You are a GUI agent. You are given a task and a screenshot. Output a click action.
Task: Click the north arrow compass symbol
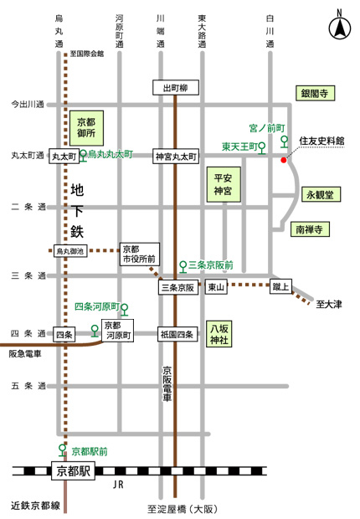coord(339,26)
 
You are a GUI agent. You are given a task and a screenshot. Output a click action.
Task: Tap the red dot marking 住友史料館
coord(284,160)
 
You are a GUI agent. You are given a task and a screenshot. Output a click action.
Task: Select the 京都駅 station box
coord(73,470)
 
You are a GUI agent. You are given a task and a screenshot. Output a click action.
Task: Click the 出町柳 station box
coord(176,88)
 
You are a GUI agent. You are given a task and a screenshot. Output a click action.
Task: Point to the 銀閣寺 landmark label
coord(315,94)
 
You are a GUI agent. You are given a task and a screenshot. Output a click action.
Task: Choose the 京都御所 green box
coord(86,128)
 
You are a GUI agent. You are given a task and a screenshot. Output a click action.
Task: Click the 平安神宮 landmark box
coord(224,184)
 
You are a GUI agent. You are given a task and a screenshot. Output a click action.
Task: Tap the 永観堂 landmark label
coord(321,194)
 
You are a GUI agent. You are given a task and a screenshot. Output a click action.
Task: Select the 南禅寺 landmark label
coord(310,229)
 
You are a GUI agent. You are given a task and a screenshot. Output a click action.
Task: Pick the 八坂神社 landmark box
coord(219,334)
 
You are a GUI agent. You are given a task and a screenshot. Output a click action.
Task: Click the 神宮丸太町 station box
coord(176,157)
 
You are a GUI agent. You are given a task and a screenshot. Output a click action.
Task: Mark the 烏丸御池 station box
coord(70,251)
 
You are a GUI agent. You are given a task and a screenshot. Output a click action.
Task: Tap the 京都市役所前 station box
coord(140,254)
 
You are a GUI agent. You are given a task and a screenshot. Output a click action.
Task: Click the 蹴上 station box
coord(280,286)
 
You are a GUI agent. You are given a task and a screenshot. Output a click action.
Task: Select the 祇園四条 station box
coord(177,334)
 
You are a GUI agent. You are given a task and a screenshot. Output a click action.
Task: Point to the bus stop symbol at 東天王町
coord(262,148)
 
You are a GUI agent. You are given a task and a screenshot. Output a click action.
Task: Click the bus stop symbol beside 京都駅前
coord(62,450)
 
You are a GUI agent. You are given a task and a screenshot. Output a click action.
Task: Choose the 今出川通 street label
coord(28,105)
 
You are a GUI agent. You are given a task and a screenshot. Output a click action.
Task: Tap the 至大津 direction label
coord(329,304)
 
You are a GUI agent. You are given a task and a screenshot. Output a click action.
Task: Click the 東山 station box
coord(216,287)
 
